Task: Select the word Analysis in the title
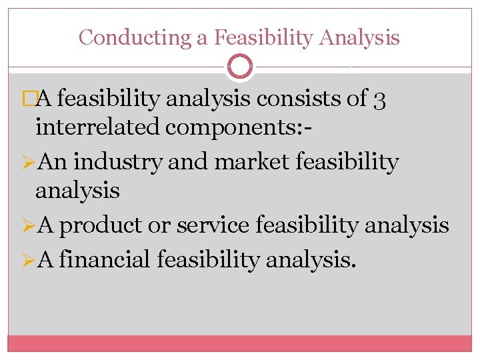[x=359, y=37]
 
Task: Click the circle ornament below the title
[x=240, y=67]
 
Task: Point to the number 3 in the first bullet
[x=379, y=100]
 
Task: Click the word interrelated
[x=97, y=126]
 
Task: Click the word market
[x=247, y=161]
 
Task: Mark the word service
[x=213, y=226]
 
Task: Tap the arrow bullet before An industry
[x=29, y=162]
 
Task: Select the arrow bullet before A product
[x=29, y=226]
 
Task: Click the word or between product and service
[x=159, y=226]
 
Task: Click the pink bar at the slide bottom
[x=240, y=343]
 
